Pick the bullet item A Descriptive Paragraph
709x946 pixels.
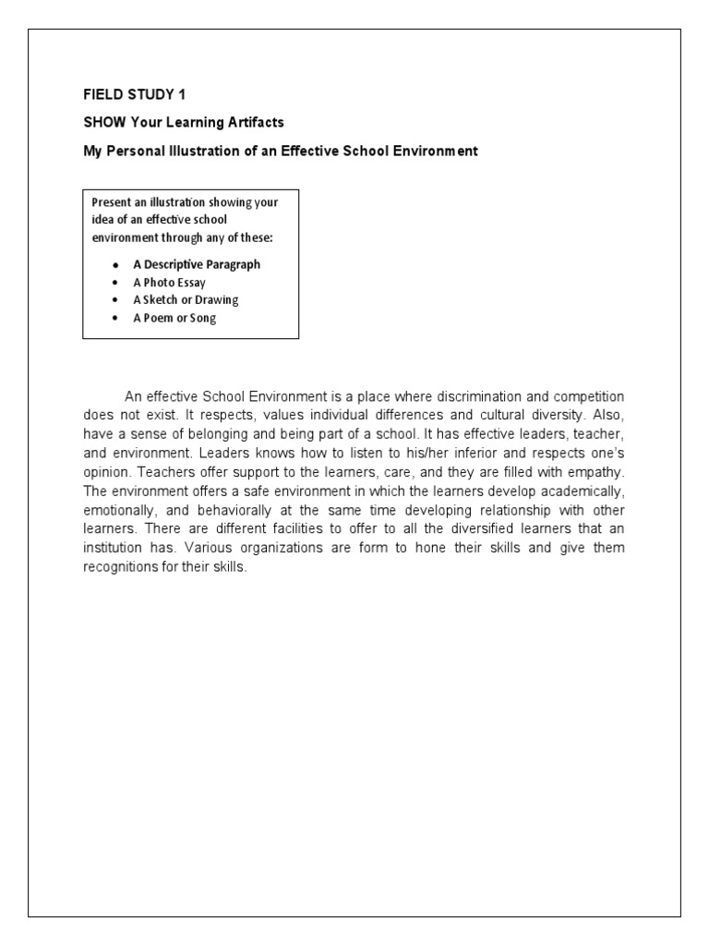click(196, 264)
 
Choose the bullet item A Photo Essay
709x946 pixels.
click(169, 283)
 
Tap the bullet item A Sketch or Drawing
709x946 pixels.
click(186, 300)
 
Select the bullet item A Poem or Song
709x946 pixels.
click(174, 318)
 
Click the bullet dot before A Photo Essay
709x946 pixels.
click(114, 283)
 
